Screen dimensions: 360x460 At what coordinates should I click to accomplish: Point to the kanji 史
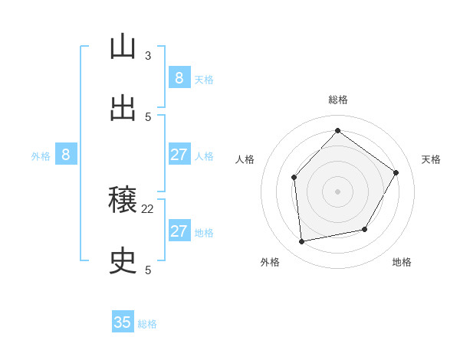click(x=123, y=262)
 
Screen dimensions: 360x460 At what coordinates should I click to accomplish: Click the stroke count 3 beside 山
click(x=148, y=56)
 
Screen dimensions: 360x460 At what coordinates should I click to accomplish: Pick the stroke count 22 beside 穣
click(x=148, y=208)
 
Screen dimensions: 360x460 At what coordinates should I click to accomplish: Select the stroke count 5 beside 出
click(x=148, y=117)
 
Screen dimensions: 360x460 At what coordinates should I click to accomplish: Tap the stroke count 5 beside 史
click(x=148, y=270)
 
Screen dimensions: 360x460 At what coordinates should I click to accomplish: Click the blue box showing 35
click(x=123, y=322)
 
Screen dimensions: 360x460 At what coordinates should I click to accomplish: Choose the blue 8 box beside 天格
click(x=179, y=77)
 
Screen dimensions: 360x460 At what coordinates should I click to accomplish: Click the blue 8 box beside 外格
click(x=65, y=155)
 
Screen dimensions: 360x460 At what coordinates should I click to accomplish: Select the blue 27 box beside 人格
click(x=179, y=155)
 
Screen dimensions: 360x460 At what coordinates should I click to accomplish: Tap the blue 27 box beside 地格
click(x=179, y=231)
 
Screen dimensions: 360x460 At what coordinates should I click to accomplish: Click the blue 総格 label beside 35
click(x=147, y=324)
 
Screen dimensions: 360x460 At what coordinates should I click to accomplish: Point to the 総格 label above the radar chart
click(x=337, y=100)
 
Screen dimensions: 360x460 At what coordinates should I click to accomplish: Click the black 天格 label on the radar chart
click(x=431, y=159)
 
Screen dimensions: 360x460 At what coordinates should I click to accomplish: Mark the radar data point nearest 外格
click(x=302, y=241)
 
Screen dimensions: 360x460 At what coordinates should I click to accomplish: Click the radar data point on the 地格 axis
click(x=365, y=229)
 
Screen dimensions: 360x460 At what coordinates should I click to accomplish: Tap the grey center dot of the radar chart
click(x=337, y=191)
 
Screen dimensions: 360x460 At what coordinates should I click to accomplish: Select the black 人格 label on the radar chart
click(x=245, y=159)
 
